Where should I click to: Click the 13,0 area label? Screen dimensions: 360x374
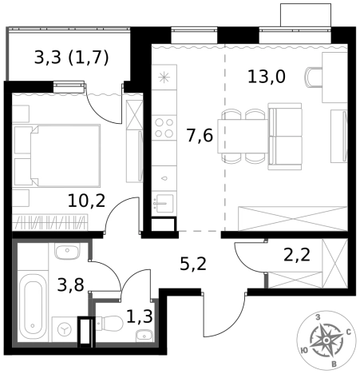pyautogui.click(x=267, y=77)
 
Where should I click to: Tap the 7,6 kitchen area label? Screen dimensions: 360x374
pyautogui.click(x=200, y=135)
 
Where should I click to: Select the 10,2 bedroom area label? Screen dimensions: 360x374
pyautogui.click(x=86, y=201)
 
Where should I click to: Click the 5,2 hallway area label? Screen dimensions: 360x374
pyautogui.click(x=193, y=264)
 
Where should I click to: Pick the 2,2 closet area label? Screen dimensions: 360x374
pyautogui.click(x=297, y=254)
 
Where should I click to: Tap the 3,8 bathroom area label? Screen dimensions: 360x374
pyautogui.click(x=71, y=284)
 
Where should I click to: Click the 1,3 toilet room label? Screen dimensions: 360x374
pyautogui.click(x=140, y=316)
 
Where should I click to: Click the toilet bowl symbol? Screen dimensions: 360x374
pyautogui.click(x=109, y=324)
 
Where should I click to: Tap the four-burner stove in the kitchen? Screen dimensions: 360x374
pyautogui.click(x=164, y=128)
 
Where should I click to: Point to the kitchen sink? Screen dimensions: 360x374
pyautogui.click(x=164, y=203)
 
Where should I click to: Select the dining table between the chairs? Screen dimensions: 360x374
pyautogui.click(x=243, y=136)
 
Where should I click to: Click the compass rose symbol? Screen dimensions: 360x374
pyautogui.click(x=326, y=340)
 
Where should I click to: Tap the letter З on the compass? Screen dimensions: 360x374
pyautogui.click(x=318, y=317)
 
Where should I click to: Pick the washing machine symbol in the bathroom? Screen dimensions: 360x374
pyautogui.click(x=64, y=329)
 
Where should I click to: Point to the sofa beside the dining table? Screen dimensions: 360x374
pyautogui.click(x=285, y=137)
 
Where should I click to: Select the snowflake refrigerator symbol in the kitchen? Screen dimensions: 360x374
pyautogui.click(x=164, y=78)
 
